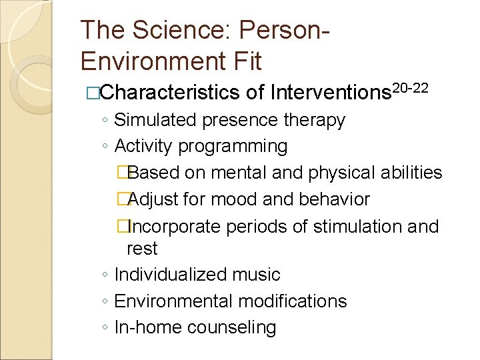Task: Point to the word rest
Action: [x=142, y=249]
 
